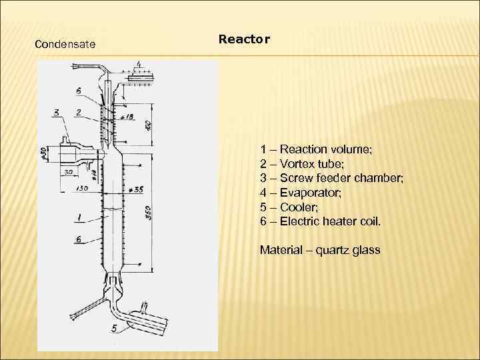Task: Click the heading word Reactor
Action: click(244, 39)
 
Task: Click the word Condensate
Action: click(65, 45)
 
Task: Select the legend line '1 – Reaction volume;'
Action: click(316, 149)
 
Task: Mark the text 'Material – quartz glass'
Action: click(320, 251)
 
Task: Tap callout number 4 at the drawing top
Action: click(138, 65)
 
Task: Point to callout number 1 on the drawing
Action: click(78, 217)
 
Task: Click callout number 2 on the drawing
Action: click(79, 112)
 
